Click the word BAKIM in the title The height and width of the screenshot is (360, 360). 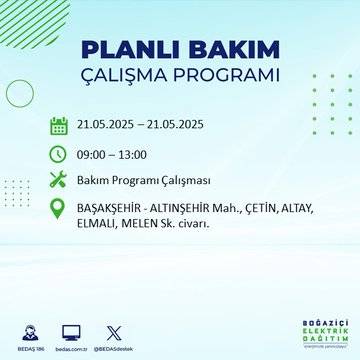coord(228,50)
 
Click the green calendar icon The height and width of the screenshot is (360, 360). coord(59,126)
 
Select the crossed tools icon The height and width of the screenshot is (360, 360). coord(59,181)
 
